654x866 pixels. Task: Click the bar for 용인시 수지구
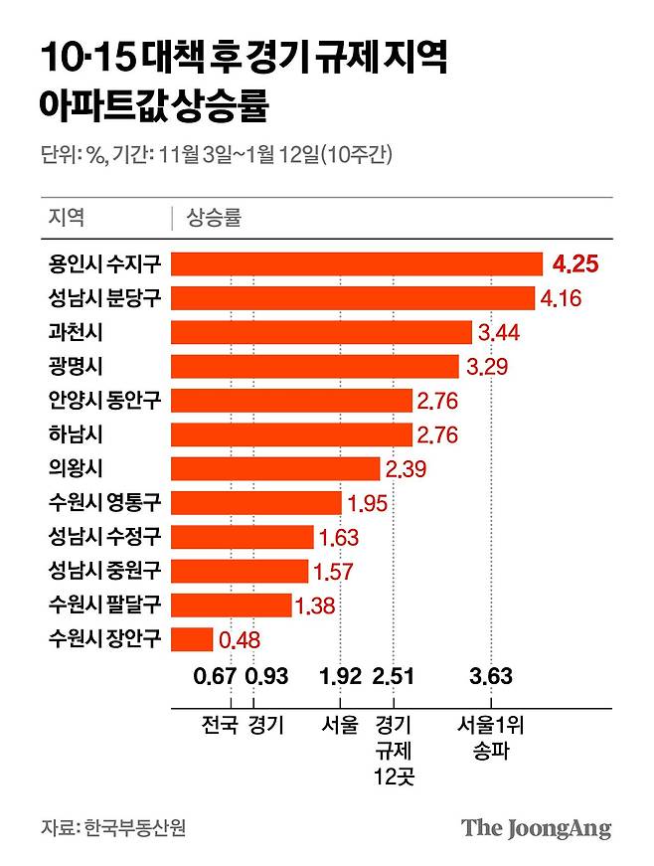point(357,263)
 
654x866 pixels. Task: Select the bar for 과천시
point(321,331)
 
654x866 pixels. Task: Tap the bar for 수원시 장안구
point(192,638)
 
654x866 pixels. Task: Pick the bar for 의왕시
point(275,468)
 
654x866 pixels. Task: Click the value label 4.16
point(561,297)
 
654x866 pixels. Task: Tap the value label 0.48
point(240,639)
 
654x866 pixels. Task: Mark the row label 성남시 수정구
point(103,537)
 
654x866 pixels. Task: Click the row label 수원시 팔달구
point(103,605)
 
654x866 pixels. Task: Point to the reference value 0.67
point(216,678)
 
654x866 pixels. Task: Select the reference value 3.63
point(490,678)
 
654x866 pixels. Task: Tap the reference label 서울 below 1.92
point(340,725)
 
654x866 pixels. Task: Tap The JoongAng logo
point(537,827)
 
